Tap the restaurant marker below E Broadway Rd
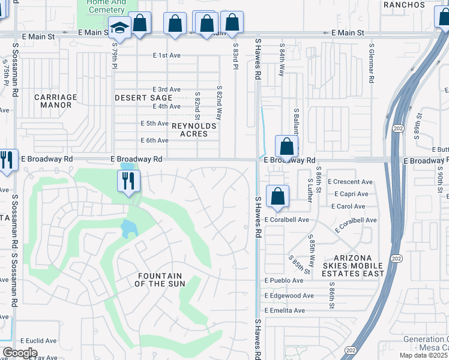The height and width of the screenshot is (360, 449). tap(128, 181)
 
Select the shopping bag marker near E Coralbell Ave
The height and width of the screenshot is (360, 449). tap(278, 197)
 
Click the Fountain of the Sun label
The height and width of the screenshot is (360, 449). tap(160, 280)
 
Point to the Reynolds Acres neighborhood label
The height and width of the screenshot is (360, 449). tap(190, 130)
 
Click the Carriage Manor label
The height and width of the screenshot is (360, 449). tap(56, 101)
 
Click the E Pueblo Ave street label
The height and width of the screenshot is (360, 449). tap(284, 281)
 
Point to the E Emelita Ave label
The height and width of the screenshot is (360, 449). tap(285, 310)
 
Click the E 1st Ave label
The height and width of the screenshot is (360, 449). tap(167, 55)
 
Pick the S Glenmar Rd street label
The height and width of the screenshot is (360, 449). tap(372, 63)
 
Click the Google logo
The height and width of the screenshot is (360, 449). tap(20, 353)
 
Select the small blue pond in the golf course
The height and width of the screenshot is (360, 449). tap(128, 229)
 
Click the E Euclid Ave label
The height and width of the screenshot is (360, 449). tap(38, 341)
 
